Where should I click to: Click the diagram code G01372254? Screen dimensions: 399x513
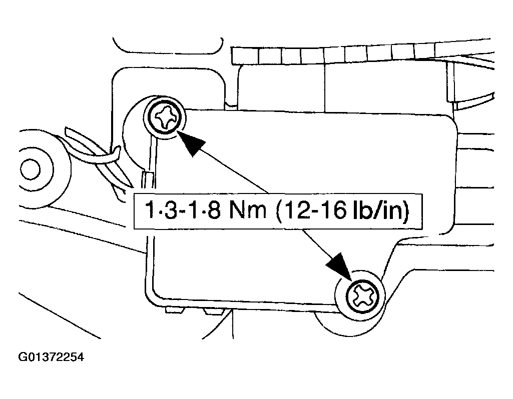click(x=51, y=357)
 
